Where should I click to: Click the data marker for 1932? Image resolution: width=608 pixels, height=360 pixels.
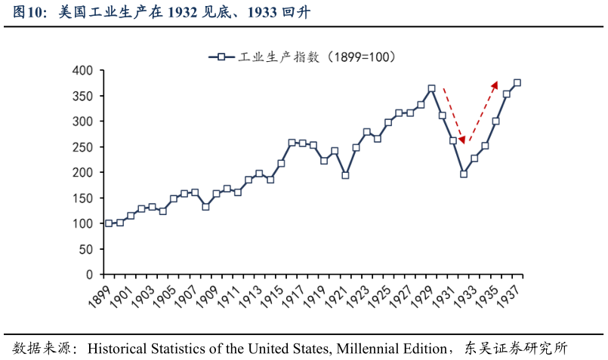pos(464,174)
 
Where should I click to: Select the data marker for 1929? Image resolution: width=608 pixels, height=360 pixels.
pos(431,88)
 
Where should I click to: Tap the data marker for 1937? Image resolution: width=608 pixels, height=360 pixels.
pos(517,83)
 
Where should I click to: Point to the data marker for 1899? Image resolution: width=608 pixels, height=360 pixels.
pos(109,223)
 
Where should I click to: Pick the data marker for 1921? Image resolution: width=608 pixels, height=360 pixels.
pos(345,175)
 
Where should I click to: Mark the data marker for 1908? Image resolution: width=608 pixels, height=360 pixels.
pos(205,207)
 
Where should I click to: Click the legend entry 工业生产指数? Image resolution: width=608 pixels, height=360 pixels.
pos(302,57)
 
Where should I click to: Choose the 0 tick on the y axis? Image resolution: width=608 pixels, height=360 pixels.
pos(89,275)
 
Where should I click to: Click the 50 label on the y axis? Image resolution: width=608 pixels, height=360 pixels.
pos(85,249)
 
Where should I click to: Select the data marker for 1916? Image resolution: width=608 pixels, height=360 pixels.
pos(292,143)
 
